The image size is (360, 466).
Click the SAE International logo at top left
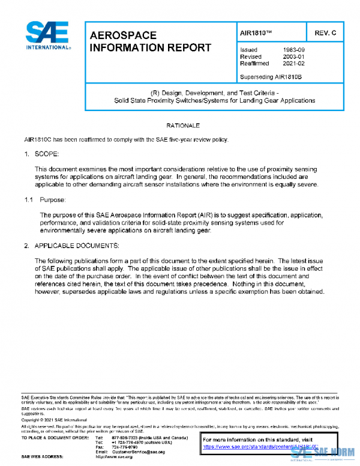point(47,36)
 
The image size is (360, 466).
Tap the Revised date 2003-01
point(293,56)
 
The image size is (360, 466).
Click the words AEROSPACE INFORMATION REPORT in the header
point(149,41)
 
